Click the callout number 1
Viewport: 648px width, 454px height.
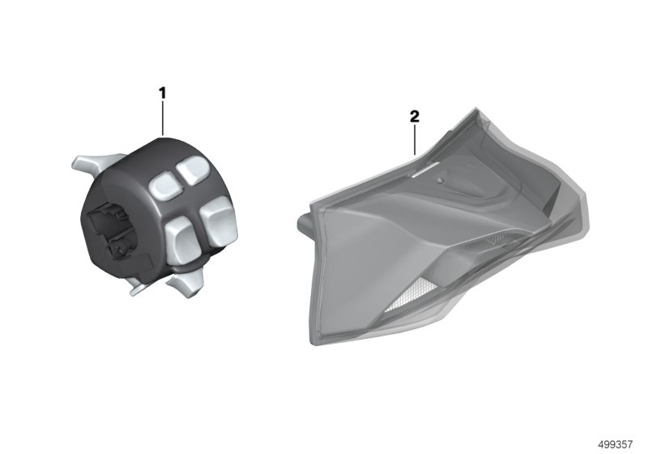coord(163,93)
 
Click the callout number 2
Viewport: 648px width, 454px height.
coord(415,116)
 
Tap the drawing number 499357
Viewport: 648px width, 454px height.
coord(616,444)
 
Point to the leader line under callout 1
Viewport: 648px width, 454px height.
coord(164,118)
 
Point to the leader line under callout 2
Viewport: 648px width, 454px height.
coord(415,139)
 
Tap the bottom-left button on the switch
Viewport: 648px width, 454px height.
coord(179,237)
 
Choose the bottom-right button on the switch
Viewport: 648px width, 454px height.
coord(218,220)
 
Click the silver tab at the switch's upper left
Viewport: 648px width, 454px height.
coord(94,164)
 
